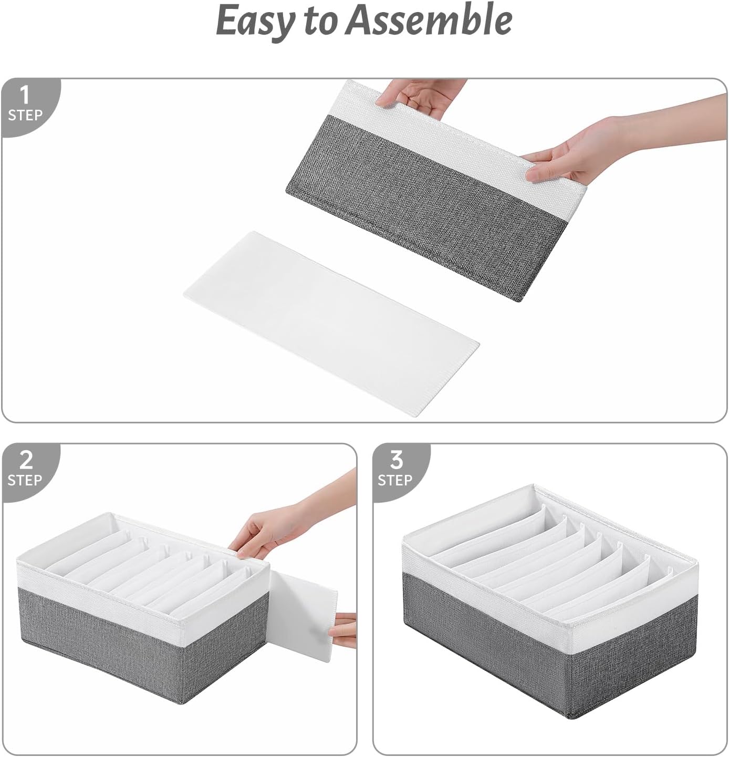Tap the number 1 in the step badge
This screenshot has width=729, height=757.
[25, 96]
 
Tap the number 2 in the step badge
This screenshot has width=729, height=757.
[25, 461]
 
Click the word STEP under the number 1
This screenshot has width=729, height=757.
[25, 115]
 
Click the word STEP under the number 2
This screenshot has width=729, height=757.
[25, 480]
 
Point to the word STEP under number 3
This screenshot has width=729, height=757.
[395, 480]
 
